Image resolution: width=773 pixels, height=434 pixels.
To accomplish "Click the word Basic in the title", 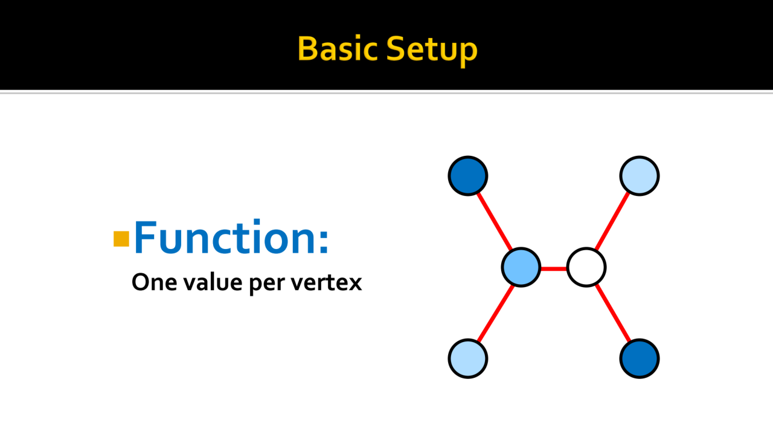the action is coord(337,49).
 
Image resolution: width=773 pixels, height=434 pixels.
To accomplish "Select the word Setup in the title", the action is coord(432,51).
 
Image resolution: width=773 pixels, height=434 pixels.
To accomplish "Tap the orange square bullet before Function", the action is coord(121,239).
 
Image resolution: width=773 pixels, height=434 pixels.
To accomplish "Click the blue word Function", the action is coord(225,237).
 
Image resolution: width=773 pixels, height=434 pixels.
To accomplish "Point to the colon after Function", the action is coord(324,242).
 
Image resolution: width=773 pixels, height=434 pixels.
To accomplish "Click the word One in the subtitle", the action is coord(154,282).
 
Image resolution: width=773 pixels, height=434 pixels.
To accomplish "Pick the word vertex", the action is coord(326,283).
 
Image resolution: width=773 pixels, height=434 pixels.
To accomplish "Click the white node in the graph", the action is coord(586,267).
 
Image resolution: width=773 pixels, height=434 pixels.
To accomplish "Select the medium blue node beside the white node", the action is coord(521,267).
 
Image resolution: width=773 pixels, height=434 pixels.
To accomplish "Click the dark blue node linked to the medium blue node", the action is coord(468,176).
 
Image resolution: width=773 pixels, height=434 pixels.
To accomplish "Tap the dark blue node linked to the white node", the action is coord(640,358).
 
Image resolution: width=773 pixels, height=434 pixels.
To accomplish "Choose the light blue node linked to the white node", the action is coord(640,176).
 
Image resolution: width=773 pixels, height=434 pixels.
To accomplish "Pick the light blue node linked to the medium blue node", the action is coord(468,358).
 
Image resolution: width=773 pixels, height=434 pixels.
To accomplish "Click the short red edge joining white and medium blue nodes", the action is coord(554,268).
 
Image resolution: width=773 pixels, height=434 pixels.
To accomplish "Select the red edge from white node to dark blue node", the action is coord(613,313).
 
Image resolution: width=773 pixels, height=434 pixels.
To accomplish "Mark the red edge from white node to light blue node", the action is coord(613,221).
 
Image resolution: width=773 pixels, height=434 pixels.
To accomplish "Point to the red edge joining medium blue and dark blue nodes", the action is coord(495,221).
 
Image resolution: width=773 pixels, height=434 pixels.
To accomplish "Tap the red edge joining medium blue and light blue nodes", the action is coord(495,313).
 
